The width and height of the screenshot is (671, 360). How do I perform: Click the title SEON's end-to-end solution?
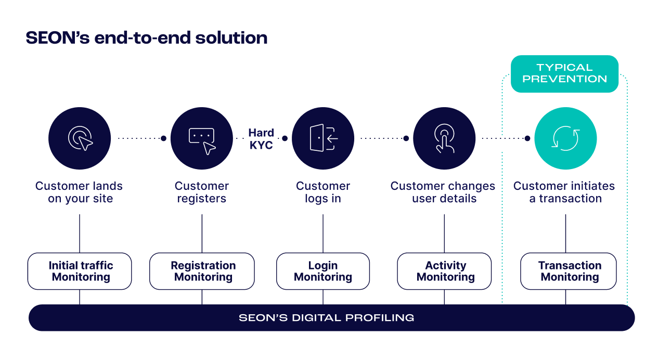pyautogui.click(x=146, y=38)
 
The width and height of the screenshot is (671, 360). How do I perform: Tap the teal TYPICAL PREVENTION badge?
pyautogui.click(x=564, y=73)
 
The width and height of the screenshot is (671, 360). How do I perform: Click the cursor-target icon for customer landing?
pyautogui.click(x=80, y=138)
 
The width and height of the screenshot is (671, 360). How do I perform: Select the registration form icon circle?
pyautogui.click(x=201, y=138)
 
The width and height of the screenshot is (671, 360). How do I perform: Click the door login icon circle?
pyautogui.click(x=323, y=138)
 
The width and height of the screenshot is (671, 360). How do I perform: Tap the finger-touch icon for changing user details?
pyautogui.click(x=444, y=138)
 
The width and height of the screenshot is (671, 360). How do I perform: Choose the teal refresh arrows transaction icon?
pyautogui.click(x=565, y=138)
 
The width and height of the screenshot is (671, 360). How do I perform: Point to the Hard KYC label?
pyautogui.click(x=261, y=139)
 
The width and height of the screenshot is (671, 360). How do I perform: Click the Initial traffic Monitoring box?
pyautogui.click(x=80, y=271)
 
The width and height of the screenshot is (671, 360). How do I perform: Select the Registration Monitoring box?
pyautogui.click(x=202, y=271)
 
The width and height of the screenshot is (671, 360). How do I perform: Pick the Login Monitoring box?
pyautogui.click(x=323, y=271)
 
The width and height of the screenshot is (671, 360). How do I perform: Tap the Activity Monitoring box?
pyautogui.click(x=445, y=271)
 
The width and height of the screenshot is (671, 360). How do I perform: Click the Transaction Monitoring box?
pyautogui.click(x=569, y=271)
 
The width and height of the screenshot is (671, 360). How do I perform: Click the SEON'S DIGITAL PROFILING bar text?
pyautogui.click(x=326, y=317)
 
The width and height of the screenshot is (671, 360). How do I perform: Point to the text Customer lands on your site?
pyautogui.click(x=80, y=192)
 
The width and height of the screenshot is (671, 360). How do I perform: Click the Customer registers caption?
pyautogui.click(x=201, y=192)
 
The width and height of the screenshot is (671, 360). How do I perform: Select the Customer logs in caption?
pyautogui.click(x=323, y=192)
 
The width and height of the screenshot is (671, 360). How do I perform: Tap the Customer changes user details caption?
pyautogui.click(x=443, y=192)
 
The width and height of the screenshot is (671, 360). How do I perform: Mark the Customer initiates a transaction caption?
pyautogui.click(x=564, y=192)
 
